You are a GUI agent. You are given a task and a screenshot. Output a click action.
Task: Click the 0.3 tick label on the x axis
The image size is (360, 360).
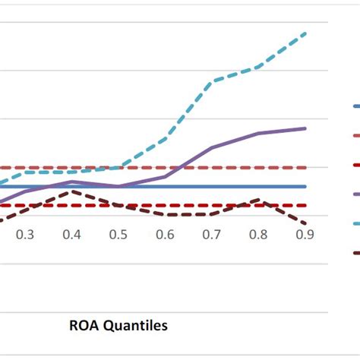pos(25,235)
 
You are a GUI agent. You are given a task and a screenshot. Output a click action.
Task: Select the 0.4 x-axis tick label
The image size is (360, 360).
pos(71,235)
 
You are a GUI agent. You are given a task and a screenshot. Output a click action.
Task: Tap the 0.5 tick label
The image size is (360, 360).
pos(118,235)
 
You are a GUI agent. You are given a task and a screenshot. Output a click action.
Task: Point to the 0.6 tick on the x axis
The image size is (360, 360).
pos(165,235)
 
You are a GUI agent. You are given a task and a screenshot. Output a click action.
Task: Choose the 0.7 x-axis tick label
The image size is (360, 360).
pos(212,235)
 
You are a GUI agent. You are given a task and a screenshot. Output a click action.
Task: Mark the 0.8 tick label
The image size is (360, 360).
pos(258,235)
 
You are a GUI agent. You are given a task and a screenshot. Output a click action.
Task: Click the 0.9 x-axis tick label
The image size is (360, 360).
pos(305,235)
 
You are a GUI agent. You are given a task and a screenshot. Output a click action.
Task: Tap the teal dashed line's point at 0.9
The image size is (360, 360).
pos(305,33)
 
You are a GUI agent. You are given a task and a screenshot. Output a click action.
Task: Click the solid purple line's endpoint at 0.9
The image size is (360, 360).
pos(305,128)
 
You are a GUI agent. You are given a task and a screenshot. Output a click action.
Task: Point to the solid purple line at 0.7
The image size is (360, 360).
pos(212,147)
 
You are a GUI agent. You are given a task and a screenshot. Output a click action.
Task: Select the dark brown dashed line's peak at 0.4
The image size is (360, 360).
pos(71,191)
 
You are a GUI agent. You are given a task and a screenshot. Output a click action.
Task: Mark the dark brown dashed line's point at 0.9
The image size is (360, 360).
pos(305,224)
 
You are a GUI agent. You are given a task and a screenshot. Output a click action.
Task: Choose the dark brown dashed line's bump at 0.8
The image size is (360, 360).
pos(258,201)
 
